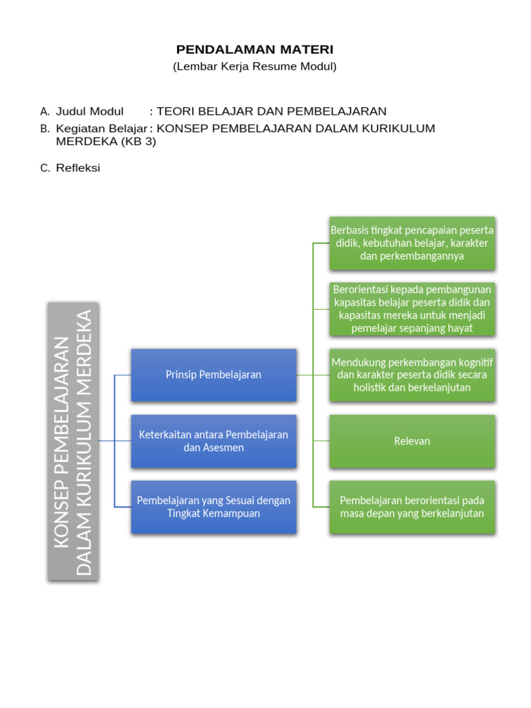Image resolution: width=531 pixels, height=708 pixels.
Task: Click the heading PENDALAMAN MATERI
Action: click(x=254, y=50)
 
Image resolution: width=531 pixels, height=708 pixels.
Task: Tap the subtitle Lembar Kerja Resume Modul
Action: click(x=254, y=67)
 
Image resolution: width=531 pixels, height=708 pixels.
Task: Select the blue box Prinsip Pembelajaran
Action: click(x=214, y=375)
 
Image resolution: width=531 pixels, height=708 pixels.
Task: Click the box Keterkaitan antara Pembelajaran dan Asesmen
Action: click(x=214, y=441)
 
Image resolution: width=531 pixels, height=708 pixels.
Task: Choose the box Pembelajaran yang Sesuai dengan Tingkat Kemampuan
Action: click(x=214, y=507)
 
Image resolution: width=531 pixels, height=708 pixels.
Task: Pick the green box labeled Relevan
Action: click(x=412, y=441)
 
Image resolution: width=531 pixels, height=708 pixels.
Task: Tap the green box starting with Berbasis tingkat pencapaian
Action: click(x=412, y=243)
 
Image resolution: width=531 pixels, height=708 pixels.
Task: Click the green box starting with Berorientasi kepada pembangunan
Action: click(x=412, y=308)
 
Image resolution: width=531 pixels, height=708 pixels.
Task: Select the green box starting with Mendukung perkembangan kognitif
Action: click(x=412, y=375)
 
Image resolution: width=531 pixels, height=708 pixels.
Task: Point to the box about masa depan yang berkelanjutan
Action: click(x=412, y=507)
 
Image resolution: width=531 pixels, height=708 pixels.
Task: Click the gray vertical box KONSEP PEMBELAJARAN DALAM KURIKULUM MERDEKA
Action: click(x=73, y=440)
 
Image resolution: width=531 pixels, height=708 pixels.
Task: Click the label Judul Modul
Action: click(x=90, y=111)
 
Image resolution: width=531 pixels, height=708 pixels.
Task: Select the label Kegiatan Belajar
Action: click(x=102, y=129)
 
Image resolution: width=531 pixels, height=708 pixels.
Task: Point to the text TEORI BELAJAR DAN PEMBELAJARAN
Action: click(x=272, y=111)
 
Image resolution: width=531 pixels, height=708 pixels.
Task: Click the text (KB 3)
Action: click(x=138, y=142)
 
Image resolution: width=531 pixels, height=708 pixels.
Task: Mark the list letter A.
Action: click(x=45, y=111)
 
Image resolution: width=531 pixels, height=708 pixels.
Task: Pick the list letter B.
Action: click(x=45, y=129)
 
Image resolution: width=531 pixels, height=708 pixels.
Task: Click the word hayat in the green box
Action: click(x=459, y=328)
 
